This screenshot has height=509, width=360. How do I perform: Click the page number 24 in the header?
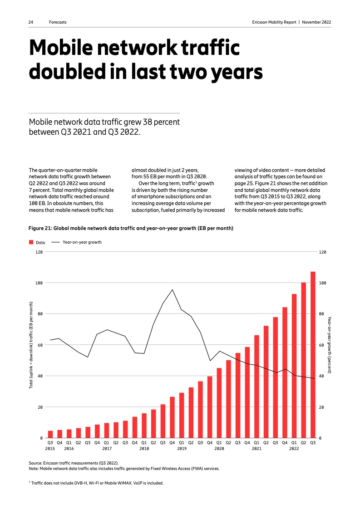click(30, 22)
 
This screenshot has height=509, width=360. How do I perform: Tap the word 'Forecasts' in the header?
click(58, 22)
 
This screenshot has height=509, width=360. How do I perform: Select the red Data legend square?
click(31, 243)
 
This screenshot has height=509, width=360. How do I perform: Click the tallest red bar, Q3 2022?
click(313, 354)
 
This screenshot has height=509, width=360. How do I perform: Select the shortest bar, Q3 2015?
click(50, 434)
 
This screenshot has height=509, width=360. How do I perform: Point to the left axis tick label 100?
click(39, 283)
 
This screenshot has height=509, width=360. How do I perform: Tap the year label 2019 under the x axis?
click(182, 449)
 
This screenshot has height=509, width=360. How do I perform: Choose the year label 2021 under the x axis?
click(256, 449)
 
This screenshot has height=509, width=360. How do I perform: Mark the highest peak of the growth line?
click(172, 290)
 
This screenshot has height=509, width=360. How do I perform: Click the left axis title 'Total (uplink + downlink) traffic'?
click(31, 345)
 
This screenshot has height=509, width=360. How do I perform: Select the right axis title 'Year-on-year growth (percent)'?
click(330, 345)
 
